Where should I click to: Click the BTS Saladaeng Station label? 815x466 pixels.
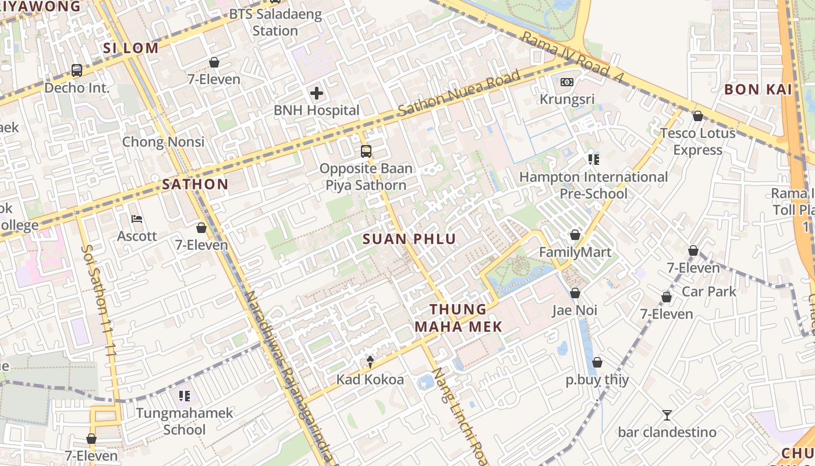275,22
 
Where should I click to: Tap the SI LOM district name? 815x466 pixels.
131,48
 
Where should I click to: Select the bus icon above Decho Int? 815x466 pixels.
77,70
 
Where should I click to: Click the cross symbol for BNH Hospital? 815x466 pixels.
317,93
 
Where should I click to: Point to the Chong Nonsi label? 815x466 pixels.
163,142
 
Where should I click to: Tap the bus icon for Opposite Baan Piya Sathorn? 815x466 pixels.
366,151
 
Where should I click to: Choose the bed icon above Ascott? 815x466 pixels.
137,219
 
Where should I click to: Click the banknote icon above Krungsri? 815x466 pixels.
567,82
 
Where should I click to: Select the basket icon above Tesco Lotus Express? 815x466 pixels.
698,116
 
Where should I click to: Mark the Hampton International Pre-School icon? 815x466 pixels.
594,159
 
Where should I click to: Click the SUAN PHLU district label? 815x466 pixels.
409,239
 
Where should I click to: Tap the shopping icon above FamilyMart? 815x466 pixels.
575,235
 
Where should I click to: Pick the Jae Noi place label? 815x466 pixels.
575,310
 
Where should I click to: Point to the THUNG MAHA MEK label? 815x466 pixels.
458,318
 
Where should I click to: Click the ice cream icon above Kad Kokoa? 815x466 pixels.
370,362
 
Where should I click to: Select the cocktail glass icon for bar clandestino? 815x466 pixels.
667,415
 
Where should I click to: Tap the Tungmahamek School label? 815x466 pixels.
185,421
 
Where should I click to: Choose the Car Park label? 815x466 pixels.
709,291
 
